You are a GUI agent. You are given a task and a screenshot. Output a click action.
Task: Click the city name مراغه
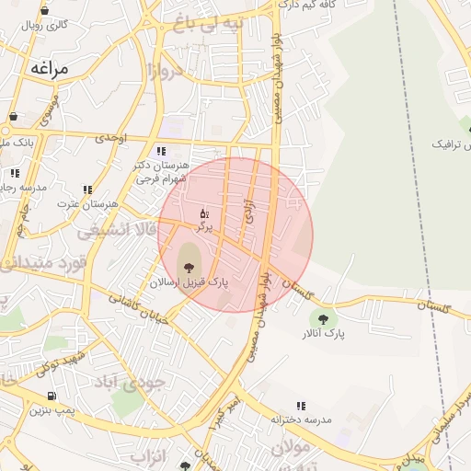[x=50, y=68]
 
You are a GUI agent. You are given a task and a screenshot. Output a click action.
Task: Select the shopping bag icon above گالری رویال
[x=45, y=11]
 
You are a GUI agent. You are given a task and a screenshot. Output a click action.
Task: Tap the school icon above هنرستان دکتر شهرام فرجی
[x=162, y=151]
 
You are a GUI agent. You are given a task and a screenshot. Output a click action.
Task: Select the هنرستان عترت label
[x=88, y=203]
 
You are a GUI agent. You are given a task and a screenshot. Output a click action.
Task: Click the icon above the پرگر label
[x=203, y=213]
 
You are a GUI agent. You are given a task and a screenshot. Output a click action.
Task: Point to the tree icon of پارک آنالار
[x=321, y=318]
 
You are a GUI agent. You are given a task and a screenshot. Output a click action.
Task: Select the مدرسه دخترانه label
[x=300, y=419]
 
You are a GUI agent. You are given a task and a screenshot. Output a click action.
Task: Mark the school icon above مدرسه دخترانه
[x=301, y=405]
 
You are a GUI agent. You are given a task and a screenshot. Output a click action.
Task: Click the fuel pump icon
[x=50, y=396]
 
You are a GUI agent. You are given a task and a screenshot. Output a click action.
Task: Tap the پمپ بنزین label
[x=52, y=409]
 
